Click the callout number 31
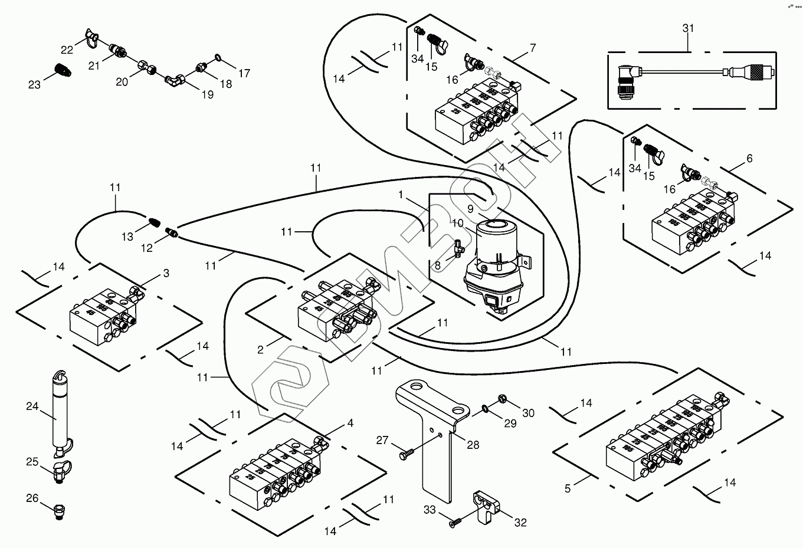(x=688, y=28)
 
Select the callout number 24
(x=32, y=406)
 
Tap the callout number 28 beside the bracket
(x=473, y=445)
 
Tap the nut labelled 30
(x=503, y=398)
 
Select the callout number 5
(x=568, y=488)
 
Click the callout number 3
(x=166, y=273)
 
